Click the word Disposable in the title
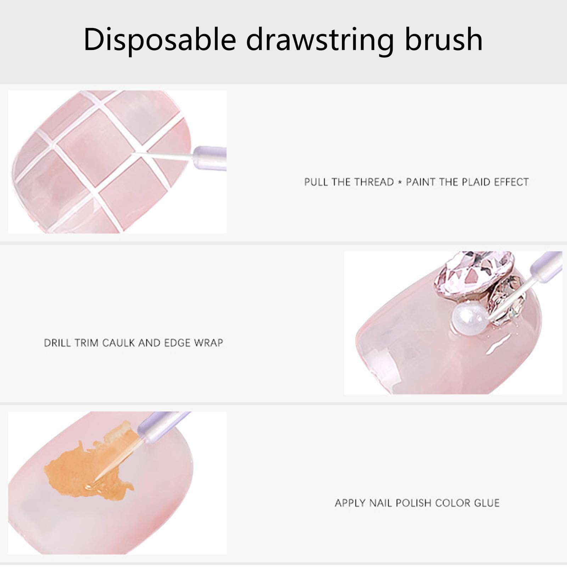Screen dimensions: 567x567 160,39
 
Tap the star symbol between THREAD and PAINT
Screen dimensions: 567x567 400,183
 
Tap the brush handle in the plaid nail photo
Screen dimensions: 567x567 210,158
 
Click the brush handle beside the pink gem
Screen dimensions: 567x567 546,265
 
